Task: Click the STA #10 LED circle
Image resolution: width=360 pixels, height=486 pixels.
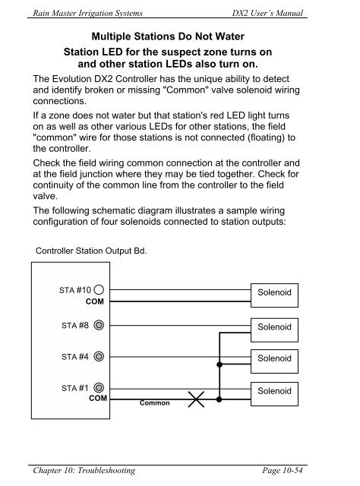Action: pyautogui.click(x=99, y=290)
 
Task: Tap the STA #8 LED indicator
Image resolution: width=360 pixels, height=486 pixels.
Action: pyautogui.click(x=99, y=325)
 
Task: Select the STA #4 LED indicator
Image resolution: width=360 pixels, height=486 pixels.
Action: pyautogui.click(x=99, y=356)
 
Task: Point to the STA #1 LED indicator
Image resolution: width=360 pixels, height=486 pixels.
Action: pyautogui.click(x=99, y=388)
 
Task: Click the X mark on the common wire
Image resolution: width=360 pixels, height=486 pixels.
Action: pyautogui.click(x=196, y=399)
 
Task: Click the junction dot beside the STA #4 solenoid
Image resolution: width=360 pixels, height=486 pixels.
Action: pyautogui.click(x=219, y=364)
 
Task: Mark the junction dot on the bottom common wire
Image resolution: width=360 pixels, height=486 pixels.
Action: pyautogui.click(x=219, y=399)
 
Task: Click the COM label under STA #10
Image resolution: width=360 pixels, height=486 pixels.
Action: pyautogui.click(x=95, y=301)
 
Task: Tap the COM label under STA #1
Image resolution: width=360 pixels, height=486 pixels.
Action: pyautogui.click(x=98, y=398)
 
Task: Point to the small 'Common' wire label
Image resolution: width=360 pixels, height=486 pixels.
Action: pyautogui.click(x=154, y=403)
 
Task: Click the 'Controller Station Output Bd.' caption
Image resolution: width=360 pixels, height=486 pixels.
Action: pyautogui.click(x=91, y=251)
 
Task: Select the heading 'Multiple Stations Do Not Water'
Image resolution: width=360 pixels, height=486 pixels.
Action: pyautogui.click(x=168, y=36)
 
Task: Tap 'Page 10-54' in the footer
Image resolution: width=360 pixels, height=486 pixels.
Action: pyautogui.click(x=283, y=470)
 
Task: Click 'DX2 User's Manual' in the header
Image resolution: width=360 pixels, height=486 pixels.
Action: pyautogui.click(x=267, y=13)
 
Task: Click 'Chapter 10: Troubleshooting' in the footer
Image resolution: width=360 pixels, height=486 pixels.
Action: pyautogui.click(x=84, y=471)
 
